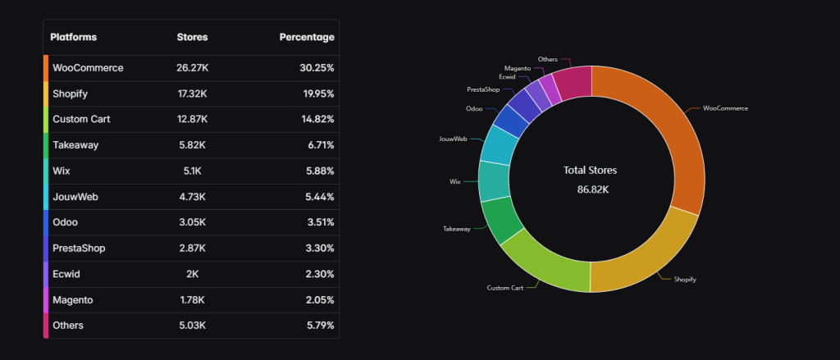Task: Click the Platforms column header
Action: point(73,38)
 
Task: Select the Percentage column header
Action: point(306,38)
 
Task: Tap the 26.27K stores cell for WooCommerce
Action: point(192,68)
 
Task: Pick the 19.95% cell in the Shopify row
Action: point(317,93)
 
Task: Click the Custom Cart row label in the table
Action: point(81,119)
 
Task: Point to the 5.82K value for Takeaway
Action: point(192,145)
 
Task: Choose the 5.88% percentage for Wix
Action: point(317,171)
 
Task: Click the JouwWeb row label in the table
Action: point(75,197)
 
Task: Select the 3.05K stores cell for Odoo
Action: point(192,222)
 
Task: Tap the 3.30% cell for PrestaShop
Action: point(317,248)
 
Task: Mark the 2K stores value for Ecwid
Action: point(192,274)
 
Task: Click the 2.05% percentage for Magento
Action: point(317,299)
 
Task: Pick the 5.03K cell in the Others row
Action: point(192,326)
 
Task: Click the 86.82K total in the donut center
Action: point(591,189)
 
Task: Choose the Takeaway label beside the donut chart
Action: point(457,229)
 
